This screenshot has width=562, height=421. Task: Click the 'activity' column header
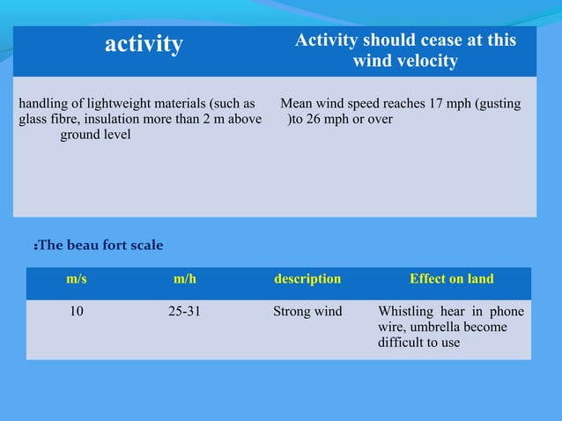[x=144, y=44]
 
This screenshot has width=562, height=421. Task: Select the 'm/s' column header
[x=77, y=279]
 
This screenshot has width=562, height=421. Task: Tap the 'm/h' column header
[x=185, y=279]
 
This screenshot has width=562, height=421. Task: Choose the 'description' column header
[x=307, y=279]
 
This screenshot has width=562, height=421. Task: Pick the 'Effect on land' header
[x=451, y=279]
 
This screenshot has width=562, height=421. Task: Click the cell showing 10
[x=77, y=311]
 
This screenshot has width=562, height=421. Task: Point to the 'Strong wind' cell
[x=307, y=311]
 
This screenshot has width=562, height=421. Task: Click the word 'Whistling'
[x=405, y=311]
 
